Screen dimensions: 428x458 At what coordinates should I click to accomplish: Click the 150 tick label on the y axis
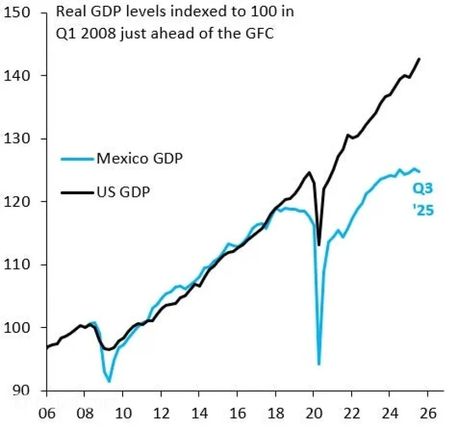[19, 13]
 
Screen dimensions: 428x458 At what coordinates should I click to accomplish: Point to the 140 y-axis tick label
[19, 76]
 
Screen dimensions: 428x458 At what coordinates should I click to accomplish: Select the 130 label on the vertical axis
[19, 139]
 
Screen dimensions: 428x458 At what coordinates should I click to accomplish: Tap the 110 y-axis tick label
[19, 265]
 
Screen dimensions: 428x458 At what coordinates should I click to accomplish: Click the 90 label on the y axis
[22, 391]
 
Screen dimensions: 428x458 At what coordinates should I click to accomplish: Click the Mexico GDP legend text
[139, 158]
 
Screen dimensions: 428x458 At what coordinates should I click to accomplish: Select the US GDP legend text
[123, 193]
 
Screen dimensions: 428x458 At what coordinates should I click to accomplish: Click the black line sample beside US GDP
[76, 193]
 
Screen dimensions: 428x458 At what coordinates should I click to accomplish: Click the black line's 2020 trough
[319, 245]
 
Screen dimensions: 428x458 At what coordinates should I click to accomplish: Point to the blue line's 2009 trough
[109, 382]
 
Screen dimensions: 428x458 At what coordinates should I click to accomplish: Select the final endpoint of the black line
[420, 58]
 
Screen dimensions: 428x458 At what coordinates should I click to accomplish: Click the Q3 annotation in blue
[423, 188]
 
